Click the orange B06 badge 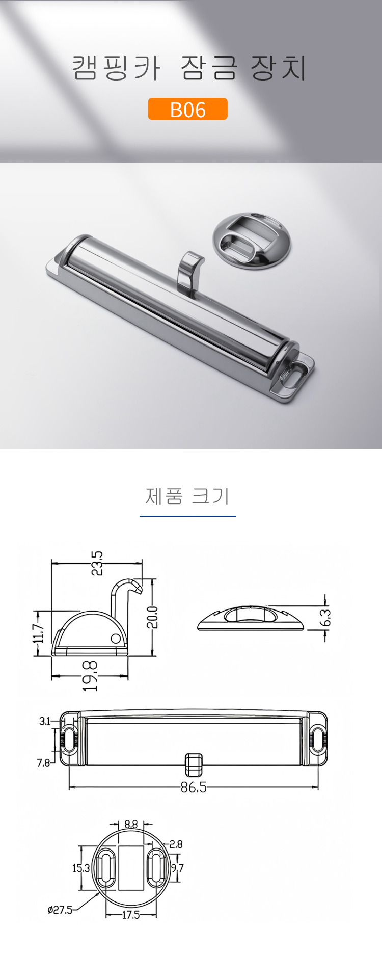(x=187, y=109)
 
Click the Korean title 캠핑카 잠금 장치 (x=189, y=68)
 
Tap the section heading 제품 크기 (x=187, y=496)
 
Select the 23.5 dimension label (x=97, y=563)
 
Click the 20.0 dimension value (x=152, y=617)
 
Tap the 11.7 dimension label (x=39, y=633)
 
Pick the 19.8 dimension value (x=90, y=676)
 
